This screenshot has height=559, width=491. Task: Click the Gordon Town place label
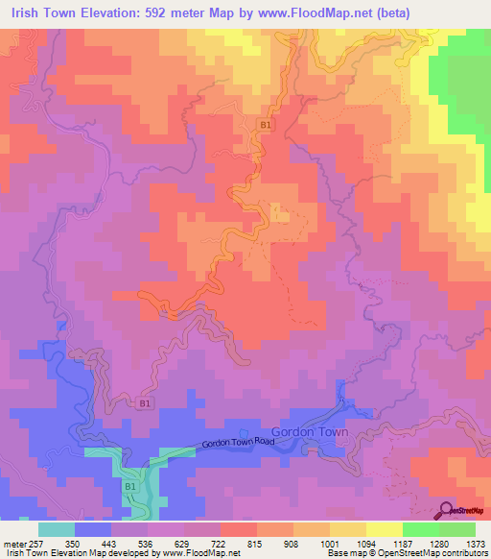pos(310,432)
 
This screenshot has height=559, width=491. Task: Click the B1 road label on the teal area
pos(129,488)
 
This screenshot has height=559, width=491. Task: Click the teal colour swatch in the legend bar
pos(57,529)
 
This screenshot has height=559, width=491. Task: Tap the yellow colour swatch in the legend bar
pos(385,529)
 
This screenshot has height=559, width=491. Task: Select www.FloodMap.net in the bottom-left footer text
pos(198,553)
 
